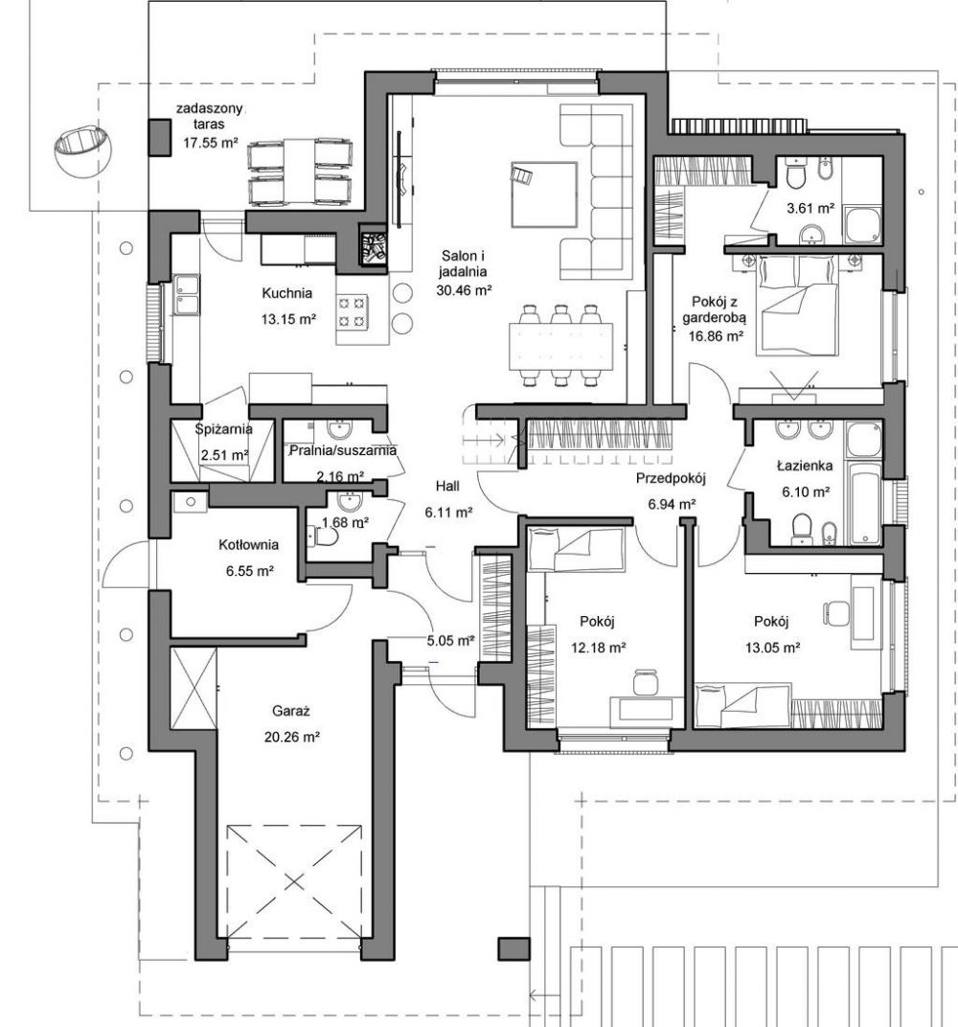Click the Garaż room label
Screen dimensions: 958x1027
pyautogui.click(x=290, y=711)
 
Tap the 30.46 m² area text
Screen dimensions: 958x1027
pyautogui.click(x=464, y=289)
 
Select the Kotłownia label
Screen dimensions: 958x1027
pyautogui.click(x=249, y=544)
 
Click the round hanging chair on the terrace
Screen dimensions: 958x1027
pyautogui.click(x=82, y=149)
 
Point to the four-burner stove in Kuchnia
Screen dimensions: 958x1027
pyautogui.click(x=352, y=311)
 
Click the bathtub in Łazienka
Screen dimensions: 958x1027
pyautogui.click(x=863, y=503)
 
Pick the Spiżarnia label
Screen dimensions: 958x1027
pyautogui.click(x=224, y=429)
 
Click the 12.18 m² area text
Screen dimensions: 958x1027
pyautogui.click(x=599, y=648)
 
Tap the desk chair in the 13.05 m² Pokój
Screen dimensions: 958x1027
pyautogui.click(x=834, y=613)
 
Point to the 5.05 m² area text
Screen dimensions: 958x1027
pyautogui.click(x=450, y=641)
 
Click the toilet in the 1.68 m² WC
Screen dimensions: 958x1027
pyautogui.click(x=325, y=536)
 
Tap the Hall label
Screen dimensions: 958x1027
pyautogui.click(x=447, y=486)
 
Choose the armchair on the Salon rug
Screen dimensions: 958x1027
pyautogui.click(x=522, y=175)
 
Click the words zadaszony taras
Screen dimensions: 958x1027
pyautogui.click(x=210, y=116)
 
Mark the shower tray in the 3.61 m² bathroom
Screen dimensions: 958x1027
pyautogui.click(x=863, y=224)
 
